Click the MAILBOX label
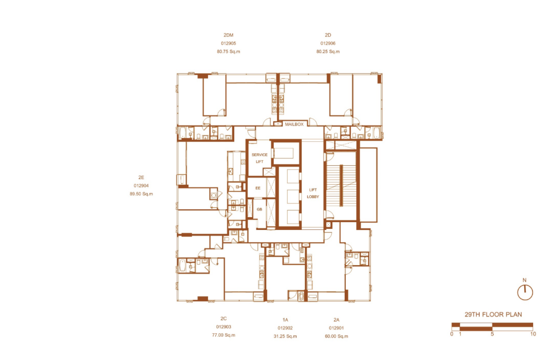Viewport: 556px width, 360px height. tap(294, 124)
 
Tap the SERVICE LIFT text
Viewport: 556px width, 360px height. tap(259, 158)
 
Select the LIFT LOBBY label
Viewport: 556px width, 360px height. tap(313, 193)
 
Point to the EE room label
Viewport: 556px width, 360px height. tap(258, 188)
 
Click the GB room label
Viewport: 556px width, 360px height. tap(259, 209)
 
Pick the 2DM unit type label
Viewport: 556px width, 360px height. tap(228, 35)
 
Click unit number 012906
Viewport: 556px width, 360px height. tap(328, 44)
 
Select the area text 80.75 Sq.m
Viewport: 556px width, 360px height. tap(228, 51)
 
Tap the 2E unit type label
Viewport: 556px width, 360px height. tap(141, 177)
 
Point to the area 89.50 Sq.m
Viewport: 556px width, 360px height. tap(141, 194)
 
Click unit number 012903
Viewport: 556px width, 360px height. tap(224, 327)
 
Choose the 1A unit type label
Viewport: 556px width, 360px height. tap(285, 320)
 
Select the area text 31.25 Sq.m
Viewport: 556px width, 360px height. tap(285, 336)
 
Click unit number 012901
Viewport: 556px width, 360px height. tap(336, 328)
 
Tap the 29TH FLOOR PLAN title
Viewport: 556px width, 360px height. tap(493, 314)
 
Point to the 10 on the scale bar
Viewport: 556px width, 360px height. tap(533, 334)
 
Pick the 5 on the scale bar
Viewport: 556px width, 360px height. tap(492, 334)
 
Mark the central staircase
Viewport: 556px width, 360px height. tap(341, 185)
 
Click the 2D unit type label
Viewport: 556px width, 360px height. tap(328, 35)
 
